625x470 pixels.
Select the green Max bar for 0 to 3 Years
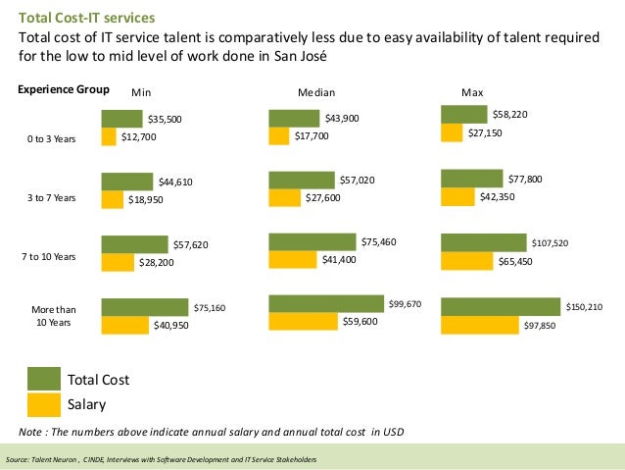[x=465, y=115]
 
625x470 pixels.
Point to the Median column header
[x=315, y=92]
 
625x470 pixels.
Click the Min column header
[x=141, y=92]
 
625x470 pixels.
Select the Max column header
[x=472, y=92]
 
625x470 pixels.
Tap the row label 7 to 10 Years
[x=49, y=256]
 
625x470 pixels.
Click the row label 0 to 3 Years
[x=51, y=139]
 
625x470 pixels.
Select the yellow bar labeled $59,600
[x=303, y=321]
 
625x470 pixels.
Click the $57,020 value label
[x=357, y=181]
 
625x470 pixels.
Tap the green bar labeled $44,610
[x=127, y=182]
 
